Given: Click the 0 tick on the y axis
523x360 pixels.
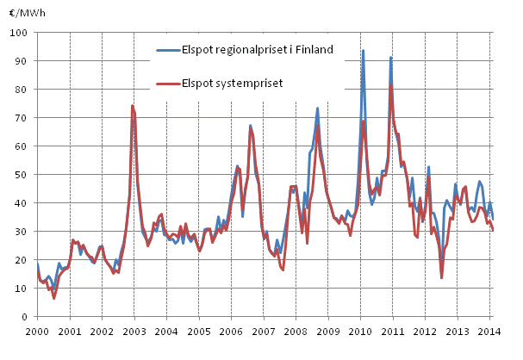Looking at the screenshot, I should click(x=27, y=316).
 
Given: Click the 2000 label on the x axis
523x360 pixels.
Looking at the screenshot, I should click(x=37, y=331).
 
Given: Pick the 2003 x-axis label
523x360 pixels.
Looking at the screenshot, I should click(x=134, y=331).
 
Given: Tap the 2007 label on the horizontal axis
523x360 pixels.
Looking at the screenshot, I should click(x=264, y=331).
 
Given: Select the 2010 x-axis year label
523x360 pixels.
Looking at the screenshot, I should click(x=360, y=331).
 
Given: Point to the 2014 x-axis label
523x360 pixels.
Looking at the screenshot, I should click(x=490, y=331).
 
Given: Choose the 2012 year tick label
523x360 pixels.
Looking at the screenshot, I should click(x=426, y=331).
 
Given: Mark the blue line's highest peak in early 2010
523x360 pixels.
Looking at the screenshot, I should click(x=363, y=51).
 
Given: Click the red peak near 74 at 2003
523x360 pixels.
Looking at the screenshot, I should click(x=132, y=106).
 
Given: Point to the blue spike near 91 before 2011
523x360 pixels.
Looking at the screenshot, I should click(x=391, y=59).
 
